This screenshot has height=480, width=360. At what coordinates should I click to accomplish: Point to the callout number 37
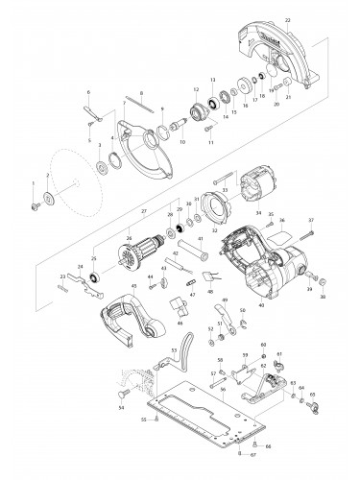click(x=310, y=221)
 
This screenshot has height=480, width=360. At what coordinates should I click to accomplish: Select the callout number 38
click(x=323, y=298)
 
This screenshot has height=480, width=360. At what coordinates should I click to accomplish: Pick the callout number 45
click(x=107, y=285)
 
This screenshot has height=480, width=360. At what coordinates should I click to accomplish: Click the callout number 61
click(x=279, y=354)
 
